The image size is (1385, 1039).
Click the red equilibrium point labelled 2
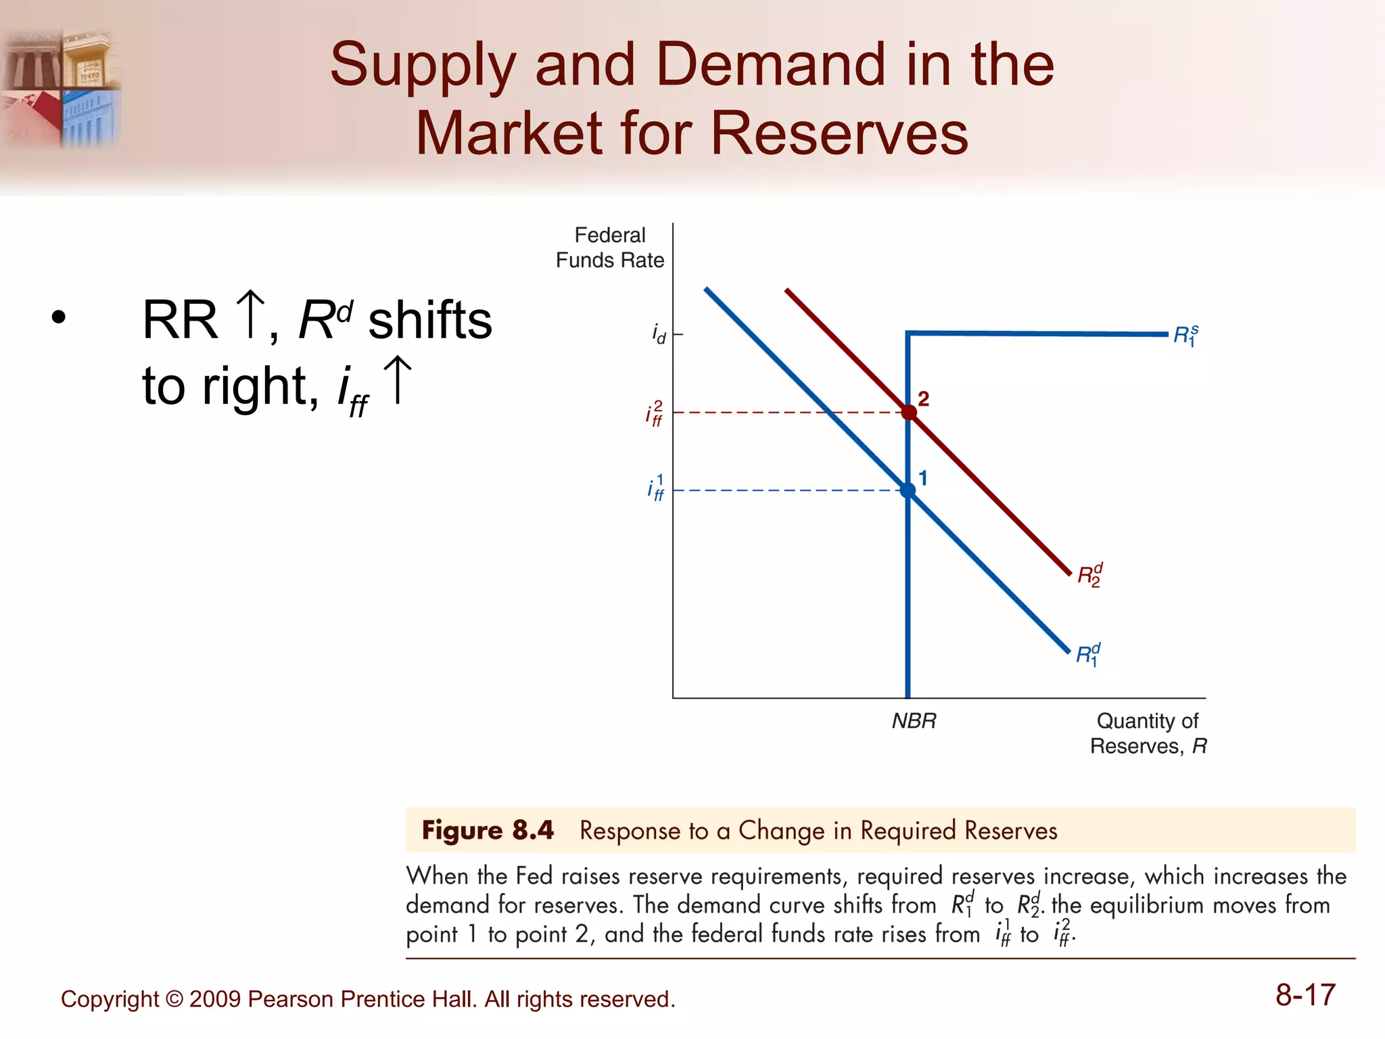point(908,412)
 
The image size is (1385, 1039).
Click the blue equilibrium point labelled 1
point(908,490)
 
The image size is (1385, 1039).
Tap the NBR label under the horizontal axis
point(914,721)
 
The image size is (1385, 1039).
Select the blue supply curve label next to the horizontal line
point(1186,336)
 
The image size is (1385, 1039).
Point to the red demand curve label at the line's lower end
point(1089,576)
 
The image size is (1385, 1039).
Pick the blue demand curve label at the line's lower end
point(1088,655)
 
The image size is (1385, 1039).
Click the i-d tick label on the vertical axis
point(659,333)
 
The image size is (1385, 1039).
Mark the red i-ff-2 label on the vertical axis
point(654,413)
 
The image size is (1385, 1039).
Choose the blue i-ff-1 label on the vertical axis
point(655,488)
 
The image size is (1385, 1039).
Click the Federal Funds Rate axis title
point(610,248)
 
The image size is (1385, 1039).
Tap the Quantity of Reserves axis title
point(1148,733)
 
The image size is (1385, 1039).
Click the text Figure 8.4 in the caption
point(488,830)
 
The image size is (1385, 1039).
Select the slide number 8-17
point(1305,995)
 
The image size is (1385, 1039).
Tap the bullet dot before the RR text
point(59,317)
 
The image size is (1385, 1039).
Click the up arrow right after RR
point(251,314)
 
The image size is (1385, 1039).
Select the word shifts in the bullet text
point(430,320)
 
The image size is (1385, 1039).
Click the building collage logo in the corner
point(61,88)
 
